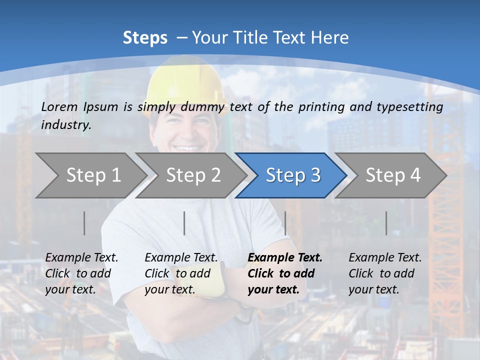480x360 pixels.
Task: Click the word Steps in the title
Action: point(145,37)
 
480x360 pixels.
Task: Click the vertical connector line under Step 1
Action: point(84,223)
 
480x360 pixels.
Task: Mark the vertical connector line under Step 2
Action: point(184,223)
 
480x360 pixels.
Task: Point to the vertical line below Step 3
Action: point(285,223)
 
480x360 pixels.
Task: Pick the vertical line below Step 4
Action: point(386,223)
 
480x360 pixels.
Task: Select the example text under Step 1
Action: point(81,273)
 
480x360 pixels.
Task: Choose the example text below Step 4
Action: point(385,273)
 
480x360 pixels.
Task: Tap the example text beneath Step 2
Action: point(181,273)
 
